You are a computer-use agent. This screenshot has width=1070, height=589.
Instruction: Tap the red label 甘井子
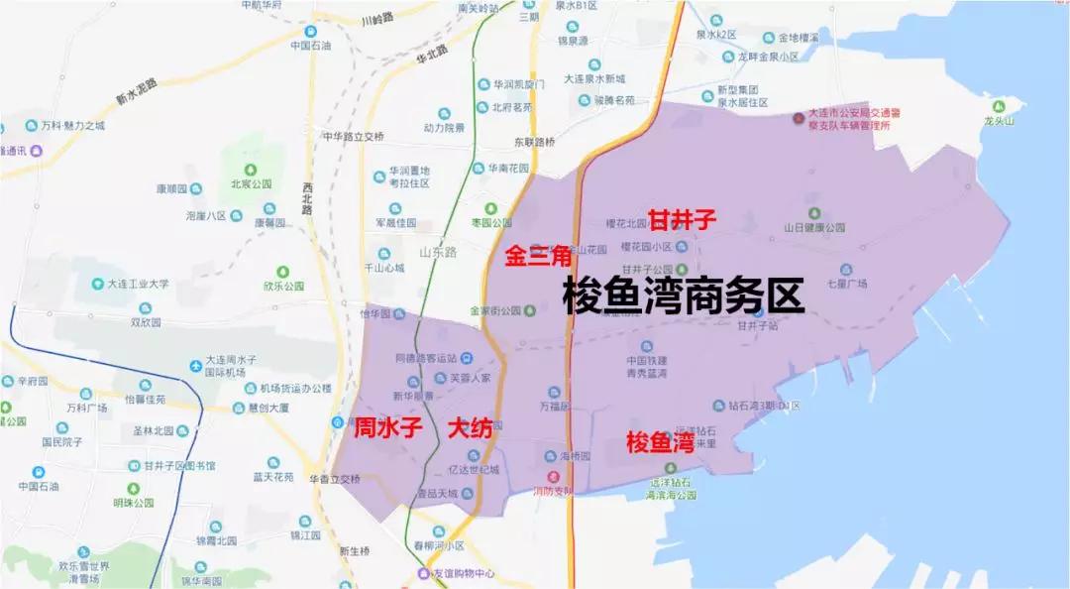(x=681, y=220)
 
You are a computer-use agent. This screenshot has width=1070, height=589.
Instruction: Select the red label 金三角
(x=538, y=257)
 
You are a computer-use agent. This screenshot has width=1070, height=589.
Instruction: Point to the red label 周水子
(x=388, y=429)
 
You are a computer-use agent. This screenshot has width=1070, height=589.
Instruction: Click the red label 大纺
(x=471, y=429)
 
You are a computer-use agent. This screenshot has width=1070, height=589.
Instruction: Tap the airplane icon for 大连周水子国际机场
(x=194, y=366)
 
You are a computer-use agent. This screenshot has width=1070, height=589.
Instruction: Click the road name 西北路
(x=306, y=202)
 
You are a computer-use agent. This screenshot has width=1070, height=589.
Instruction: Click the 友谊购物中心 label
(x=462, y=573)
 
